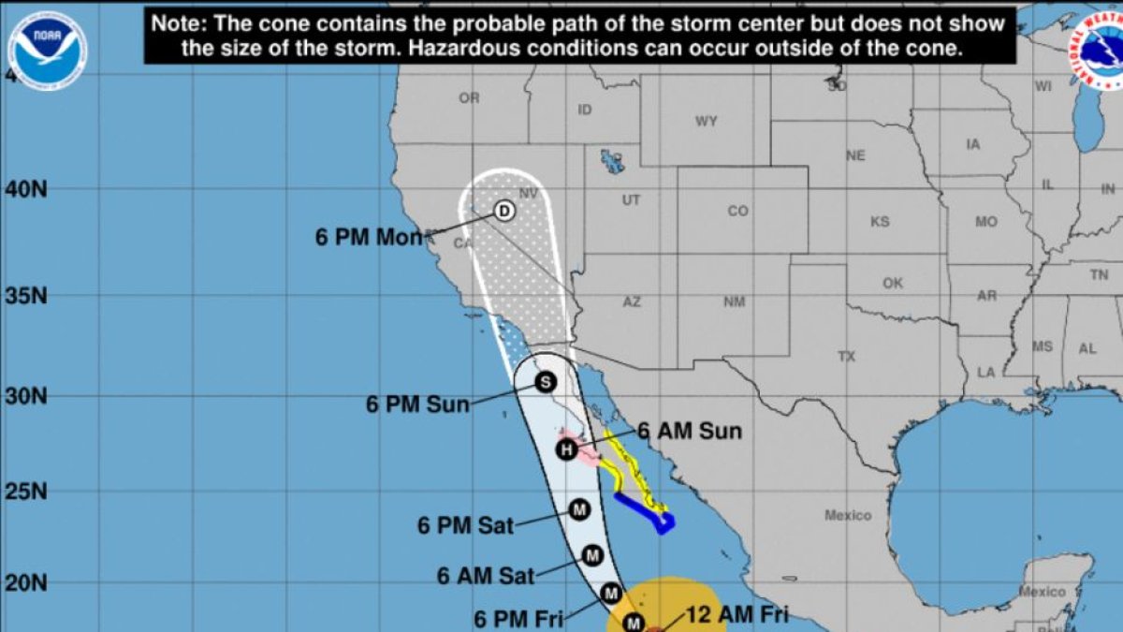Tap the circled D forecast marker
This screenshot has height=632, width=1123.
[x=503, y=211]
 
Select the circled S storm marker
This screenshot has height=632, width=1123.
[x=546, y=382]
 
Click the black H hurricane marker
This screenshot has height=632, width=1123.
[x=565, y=450]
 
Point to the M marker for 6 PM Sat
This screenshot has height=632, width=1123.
[x=578, y=509]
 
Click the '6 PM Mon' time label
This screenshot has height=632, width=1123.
[x=369, y=238]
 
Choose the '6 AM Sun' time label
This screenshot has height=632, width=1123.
[x=690, y=432]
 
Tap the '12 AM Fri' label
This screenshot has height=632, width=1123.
[x=737, y=615]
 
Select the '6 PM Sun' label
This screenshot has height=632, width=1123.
[x=417, y=405]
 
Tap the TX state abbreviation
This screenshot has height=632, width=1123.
[x=846, y=357]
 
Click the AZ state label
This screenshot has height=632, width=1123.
[x=632, y=301]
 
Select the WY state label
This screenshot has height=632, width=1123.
[x=706, y=122]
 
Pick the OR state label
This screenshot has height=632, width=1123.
[x=469, y=98]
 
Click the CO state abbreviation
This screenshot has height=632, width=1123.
[x=738, y=212]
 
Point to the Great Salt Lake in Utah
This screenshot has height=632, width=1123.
[x=613, y=160]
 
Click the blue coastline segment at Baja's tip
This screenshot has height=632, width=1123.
[x=646, y=513]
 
